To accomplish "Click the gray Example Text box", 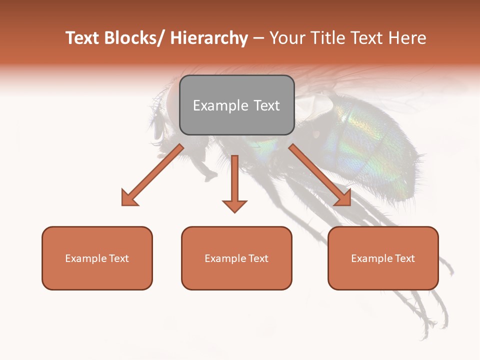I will [x=236, y=105].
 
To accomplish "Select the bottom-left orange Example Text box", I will [x=97, y=258].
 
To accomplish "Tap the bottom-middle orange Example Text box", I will [x=236, y=258].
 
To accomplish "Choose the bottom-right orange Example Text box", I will [x=383, y=258].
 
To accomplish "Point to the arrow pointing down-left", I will [x=152, y=175].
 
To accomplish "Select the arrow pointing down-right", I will [x=320, y=175].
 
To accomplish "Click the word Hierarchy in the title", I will [x=209, y=38].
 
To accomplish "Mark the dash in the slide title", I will [x=258, y=39].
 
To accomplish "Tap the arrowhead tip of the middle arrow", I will [x=234, y=211].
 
